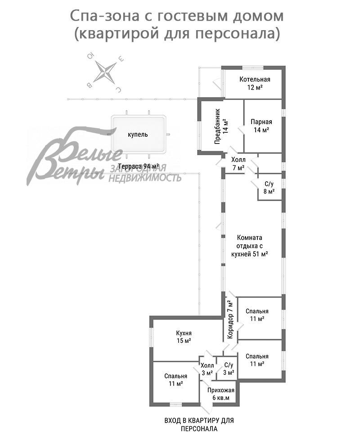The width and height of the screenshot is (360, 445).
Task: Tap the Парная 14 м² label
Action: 261,126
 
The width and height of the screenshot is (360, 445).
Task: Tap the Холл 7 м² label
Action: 238,164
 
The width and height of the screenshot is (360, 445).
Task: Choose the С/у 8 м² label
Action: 269,188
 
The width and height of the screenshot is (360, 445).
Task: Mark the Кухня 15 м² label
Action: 184,337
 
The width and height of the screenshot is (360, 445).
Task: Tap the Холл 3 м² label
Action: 207,369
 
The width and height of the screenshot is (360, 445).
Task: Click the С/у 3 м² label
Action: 228,369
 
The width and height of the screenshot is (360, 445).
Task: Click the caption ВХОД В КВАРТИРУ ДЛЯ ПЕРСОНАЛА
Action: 199,424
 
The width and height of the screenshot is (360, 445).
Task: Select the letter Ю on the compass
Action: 90,56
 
